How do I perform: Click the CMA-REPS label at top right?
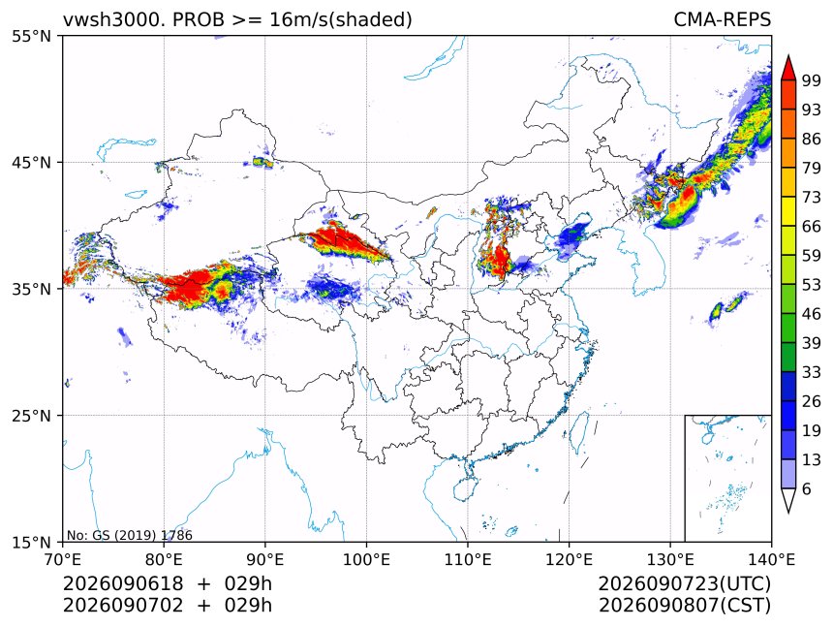(722, 19)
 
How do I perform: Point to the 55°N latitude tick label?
(31, 36)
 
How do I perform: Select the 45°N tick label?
(31, 162)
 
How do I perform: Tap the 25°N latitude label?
(31, 415)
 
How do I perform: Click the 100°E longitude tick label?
(366, 559)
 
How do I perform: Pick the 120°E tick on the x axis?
(569, 559)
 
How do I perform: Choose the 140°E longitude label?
(771, 559)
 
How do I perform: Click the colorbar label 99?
(812, 80)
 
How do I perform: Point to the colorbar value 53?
(812, 285)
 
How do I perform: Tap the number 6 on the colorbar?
(807, 488)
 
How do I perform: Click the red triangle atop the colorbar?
(788, 68)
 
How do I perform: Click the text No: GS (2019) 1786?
(129, 535)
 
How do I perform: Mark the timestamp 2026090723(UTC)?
(684, 583)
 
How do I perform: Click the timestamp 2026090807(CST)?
(684, 606)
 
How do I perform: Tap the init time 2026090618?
(123, 583)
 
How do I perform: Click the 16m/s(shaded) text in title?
(341, 19)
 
